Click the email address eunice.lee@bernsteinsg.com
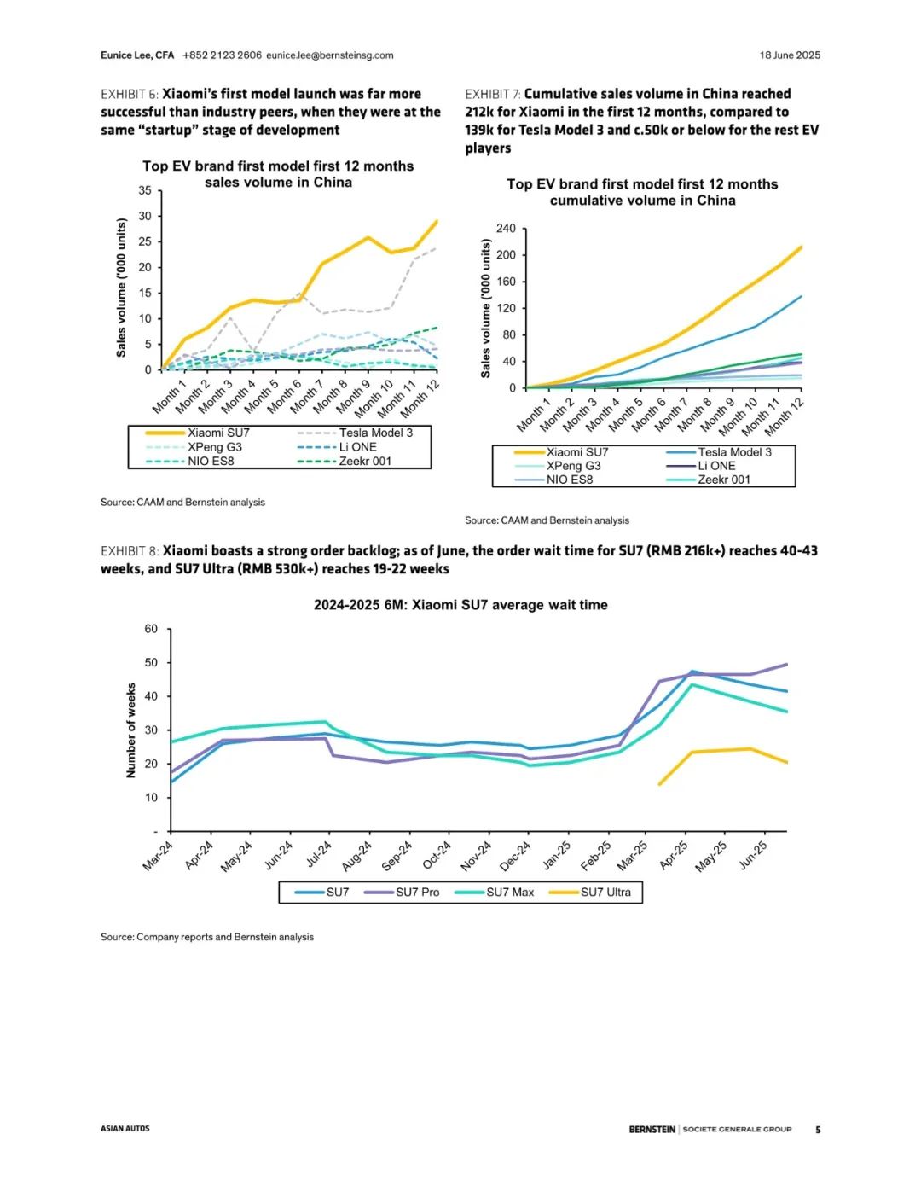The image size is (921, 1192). [330, 55]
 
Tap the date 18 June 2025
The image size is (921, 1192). [790, 55]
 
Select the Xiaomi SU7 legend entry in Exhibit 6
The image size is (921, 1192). [218, 433]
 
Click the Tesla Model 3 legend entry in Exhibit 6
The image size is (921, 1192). [375, 433]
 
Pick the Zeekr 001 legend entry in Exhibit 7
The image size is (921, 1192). [724, 480]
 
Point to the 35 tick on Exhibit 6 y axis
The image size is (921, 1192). [145, 191]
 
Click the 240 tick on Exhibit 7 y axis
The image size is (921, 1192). [506, 229]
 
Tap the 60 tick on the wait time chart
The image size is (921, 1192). [151, 630]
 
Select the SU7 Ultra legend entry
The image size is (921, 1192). [605, 893]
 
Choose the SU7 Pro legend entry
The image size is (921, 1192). [417, 893]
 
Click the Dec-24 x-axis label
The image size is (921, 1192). [515, 856]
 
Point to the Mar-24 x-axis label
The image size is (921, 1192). [158, 856]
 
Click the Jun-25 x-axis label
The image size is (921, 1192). [753, 856]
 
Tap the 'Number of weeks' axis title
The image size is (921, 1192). [131, 730]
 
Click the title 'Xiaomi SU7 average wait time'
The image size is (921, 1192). [460, 605]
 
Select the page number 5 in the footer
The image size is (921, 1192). [818, 1130]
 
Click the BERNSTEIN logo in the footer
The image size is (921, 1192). [652, 1130]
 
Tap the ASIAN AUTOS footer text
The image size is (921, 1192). [125, 1129]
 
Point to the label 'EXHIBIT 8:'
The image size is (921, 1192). [130, 551]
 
